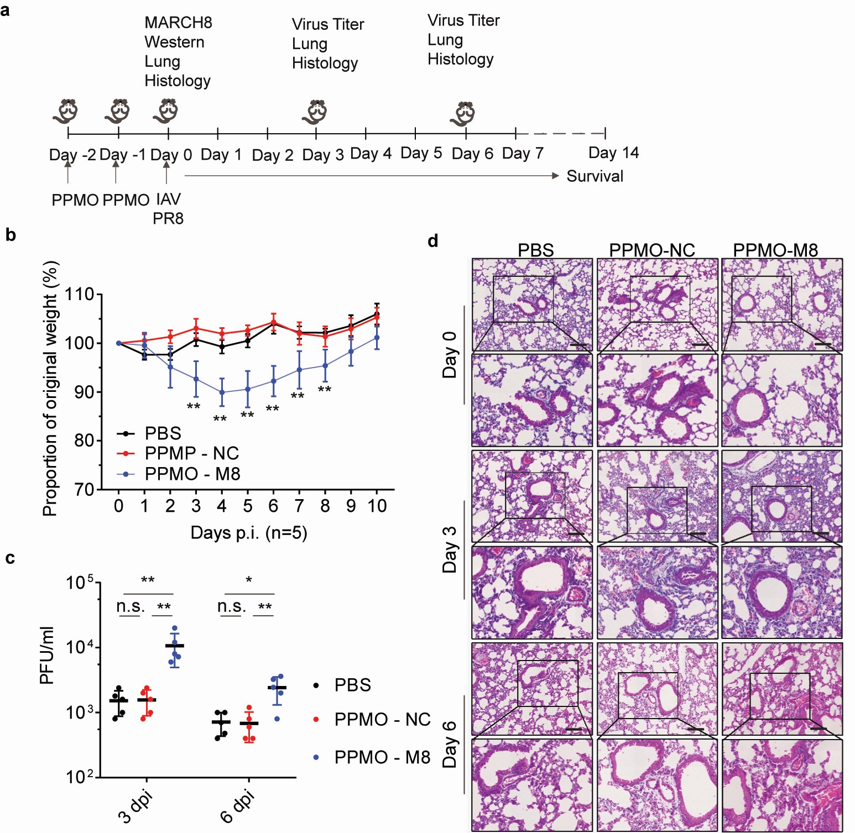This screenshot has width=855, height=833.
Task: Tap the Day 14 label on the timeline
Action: click(613, 153)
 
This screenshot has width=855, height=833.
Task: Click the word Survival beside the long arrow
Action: click(595, 176)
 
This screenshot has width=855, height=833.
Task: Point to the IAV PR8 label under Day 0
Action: click(168, 208)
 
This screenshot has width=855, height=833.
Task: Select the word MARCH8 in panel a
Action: click(178, 23)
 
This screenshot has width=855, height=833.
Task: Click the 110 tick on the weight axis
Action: click(80, 294)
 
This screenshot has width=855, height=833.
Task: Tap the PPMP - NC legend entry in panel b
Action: click(191, 453)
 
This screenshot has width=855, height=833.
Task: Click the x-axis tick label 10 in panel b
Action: click(377, 506)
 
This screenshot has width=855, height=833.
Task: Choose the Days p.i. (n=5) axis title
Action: click(248, 532)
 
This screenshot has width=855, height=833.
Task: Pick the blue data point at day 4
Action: click(222, 392)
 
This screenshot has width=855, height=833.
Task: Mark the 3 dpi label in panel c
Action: click(135, 807)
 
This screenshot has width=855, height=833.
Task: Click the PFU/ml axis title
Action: click(48, 655)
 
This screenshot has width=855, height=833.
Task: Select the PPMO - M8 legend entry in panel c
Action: click(382, 757)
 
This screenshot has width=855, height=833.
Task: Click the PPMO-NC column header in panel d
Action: click(651, 250)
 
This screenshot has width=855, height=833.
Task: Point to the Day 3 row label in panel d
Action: click(450, 549)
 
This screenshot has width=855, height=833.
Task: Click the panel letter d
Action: click(433, 241)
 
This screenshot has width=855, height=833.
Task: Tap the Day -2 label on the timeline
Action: click(72, 155)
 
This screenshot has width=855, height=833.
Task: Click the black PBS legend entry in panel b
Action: click(163, 433)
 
